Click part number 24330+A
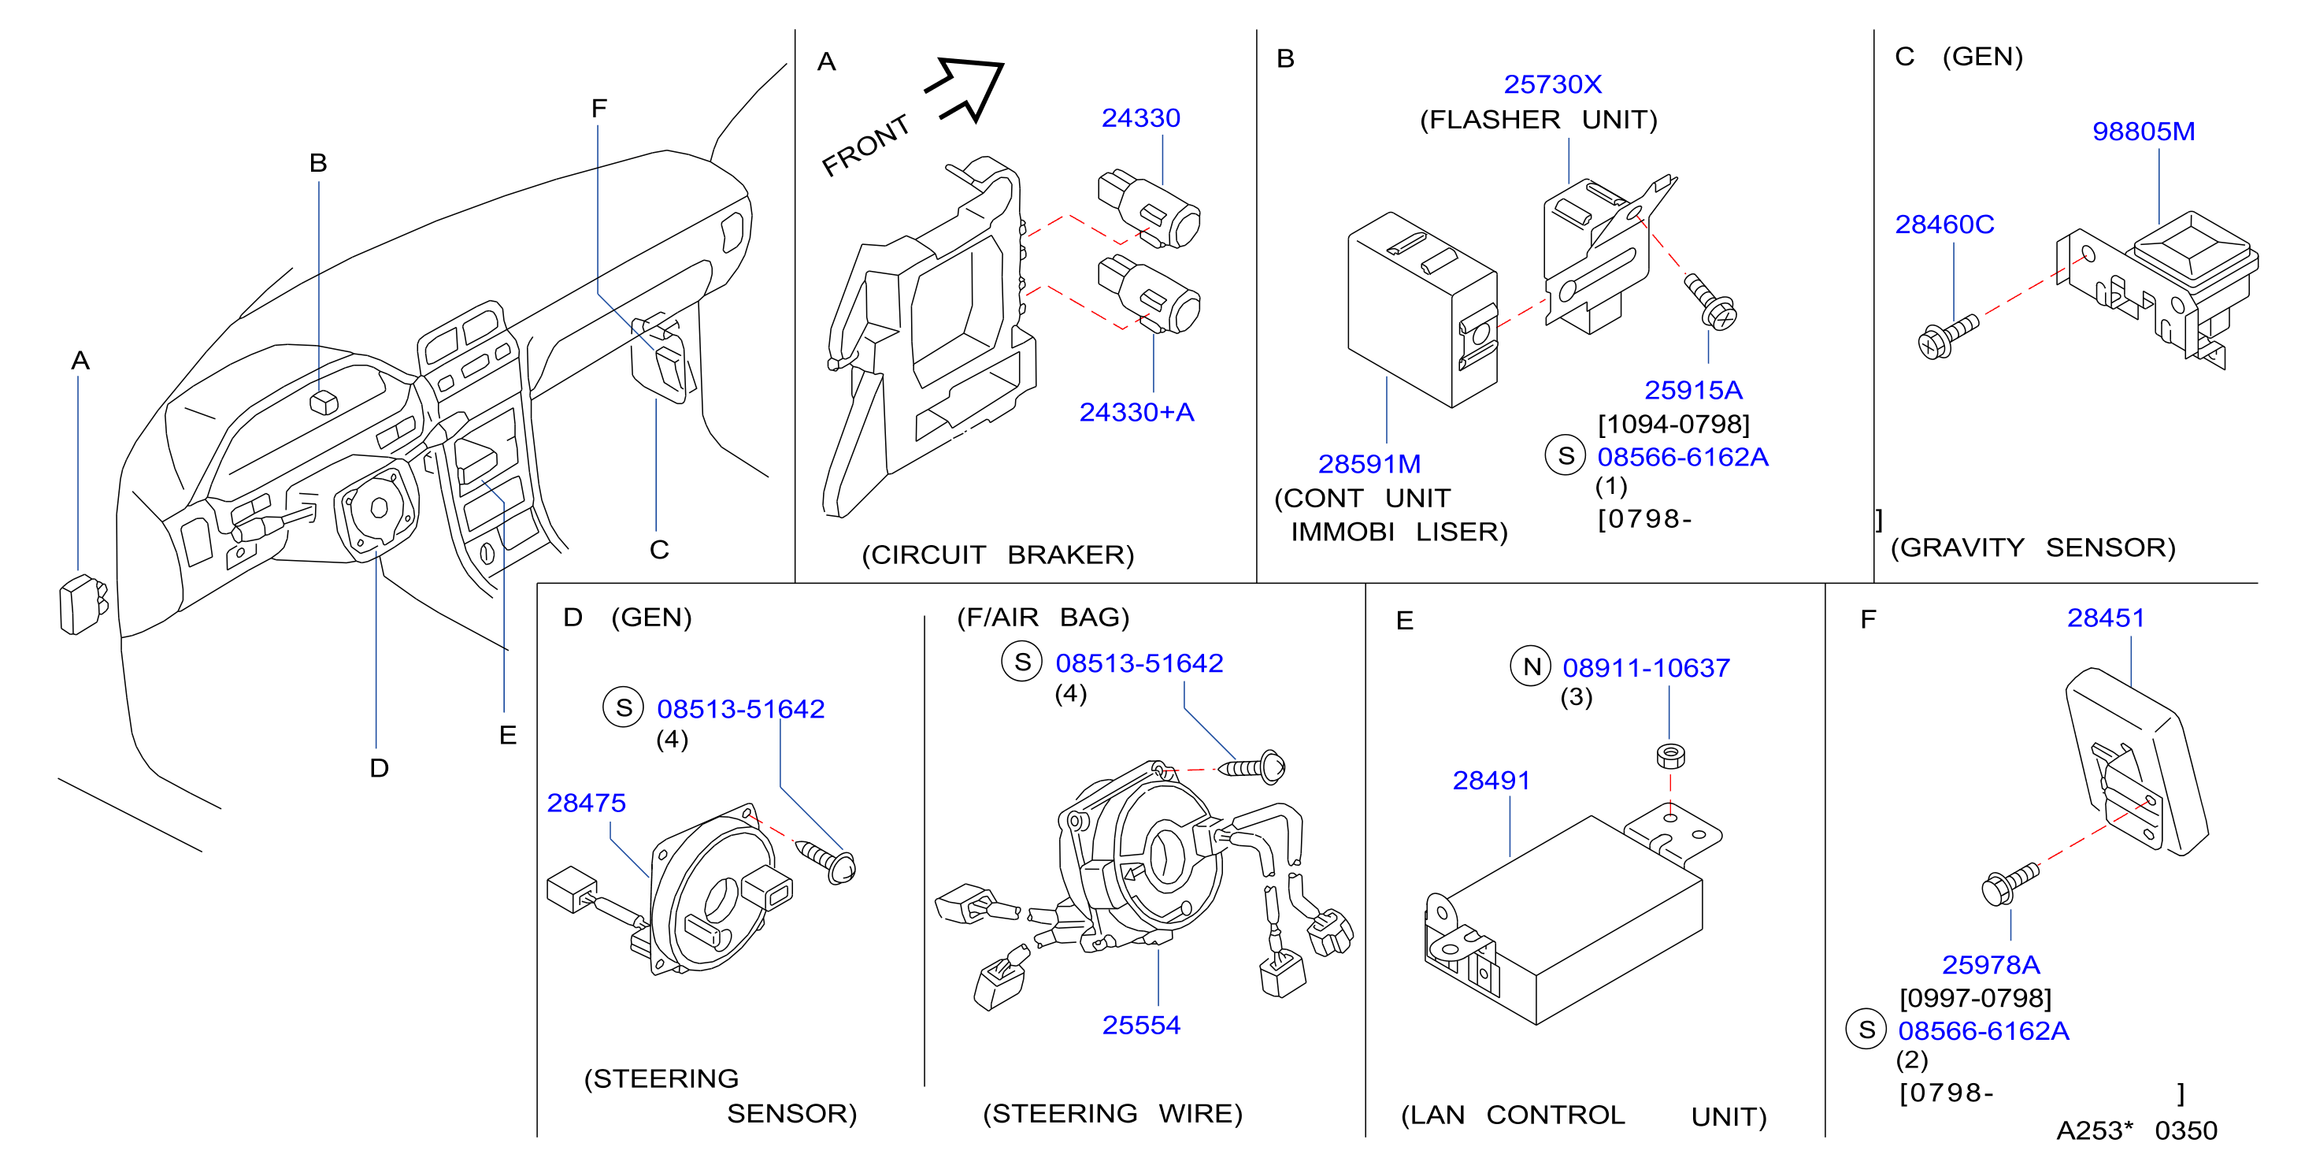coord(1136,412)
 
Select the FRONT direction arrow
coord(966,87)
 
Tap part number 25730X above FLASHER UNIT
coord(1553,83)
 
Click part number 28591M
coord(1369,464)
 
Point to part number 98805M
coord(2144,132)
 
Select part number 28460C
coord(1944,224)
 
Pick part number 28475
coord(586,802)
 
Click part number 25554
coord(1141,1024)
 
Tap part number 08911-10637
coord(1646,667)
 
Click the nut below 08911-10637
coord(1670,755)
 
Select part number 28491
coord(1492,780)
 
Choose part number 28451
coord(2106,618)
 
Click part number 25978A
coord(1991,964)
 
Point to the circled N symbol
coord(1531,666)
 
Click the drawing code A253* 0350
coord(2137,1130)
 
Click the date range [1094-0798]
coord(1673,424)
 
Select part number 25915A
coord(1693,389)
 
